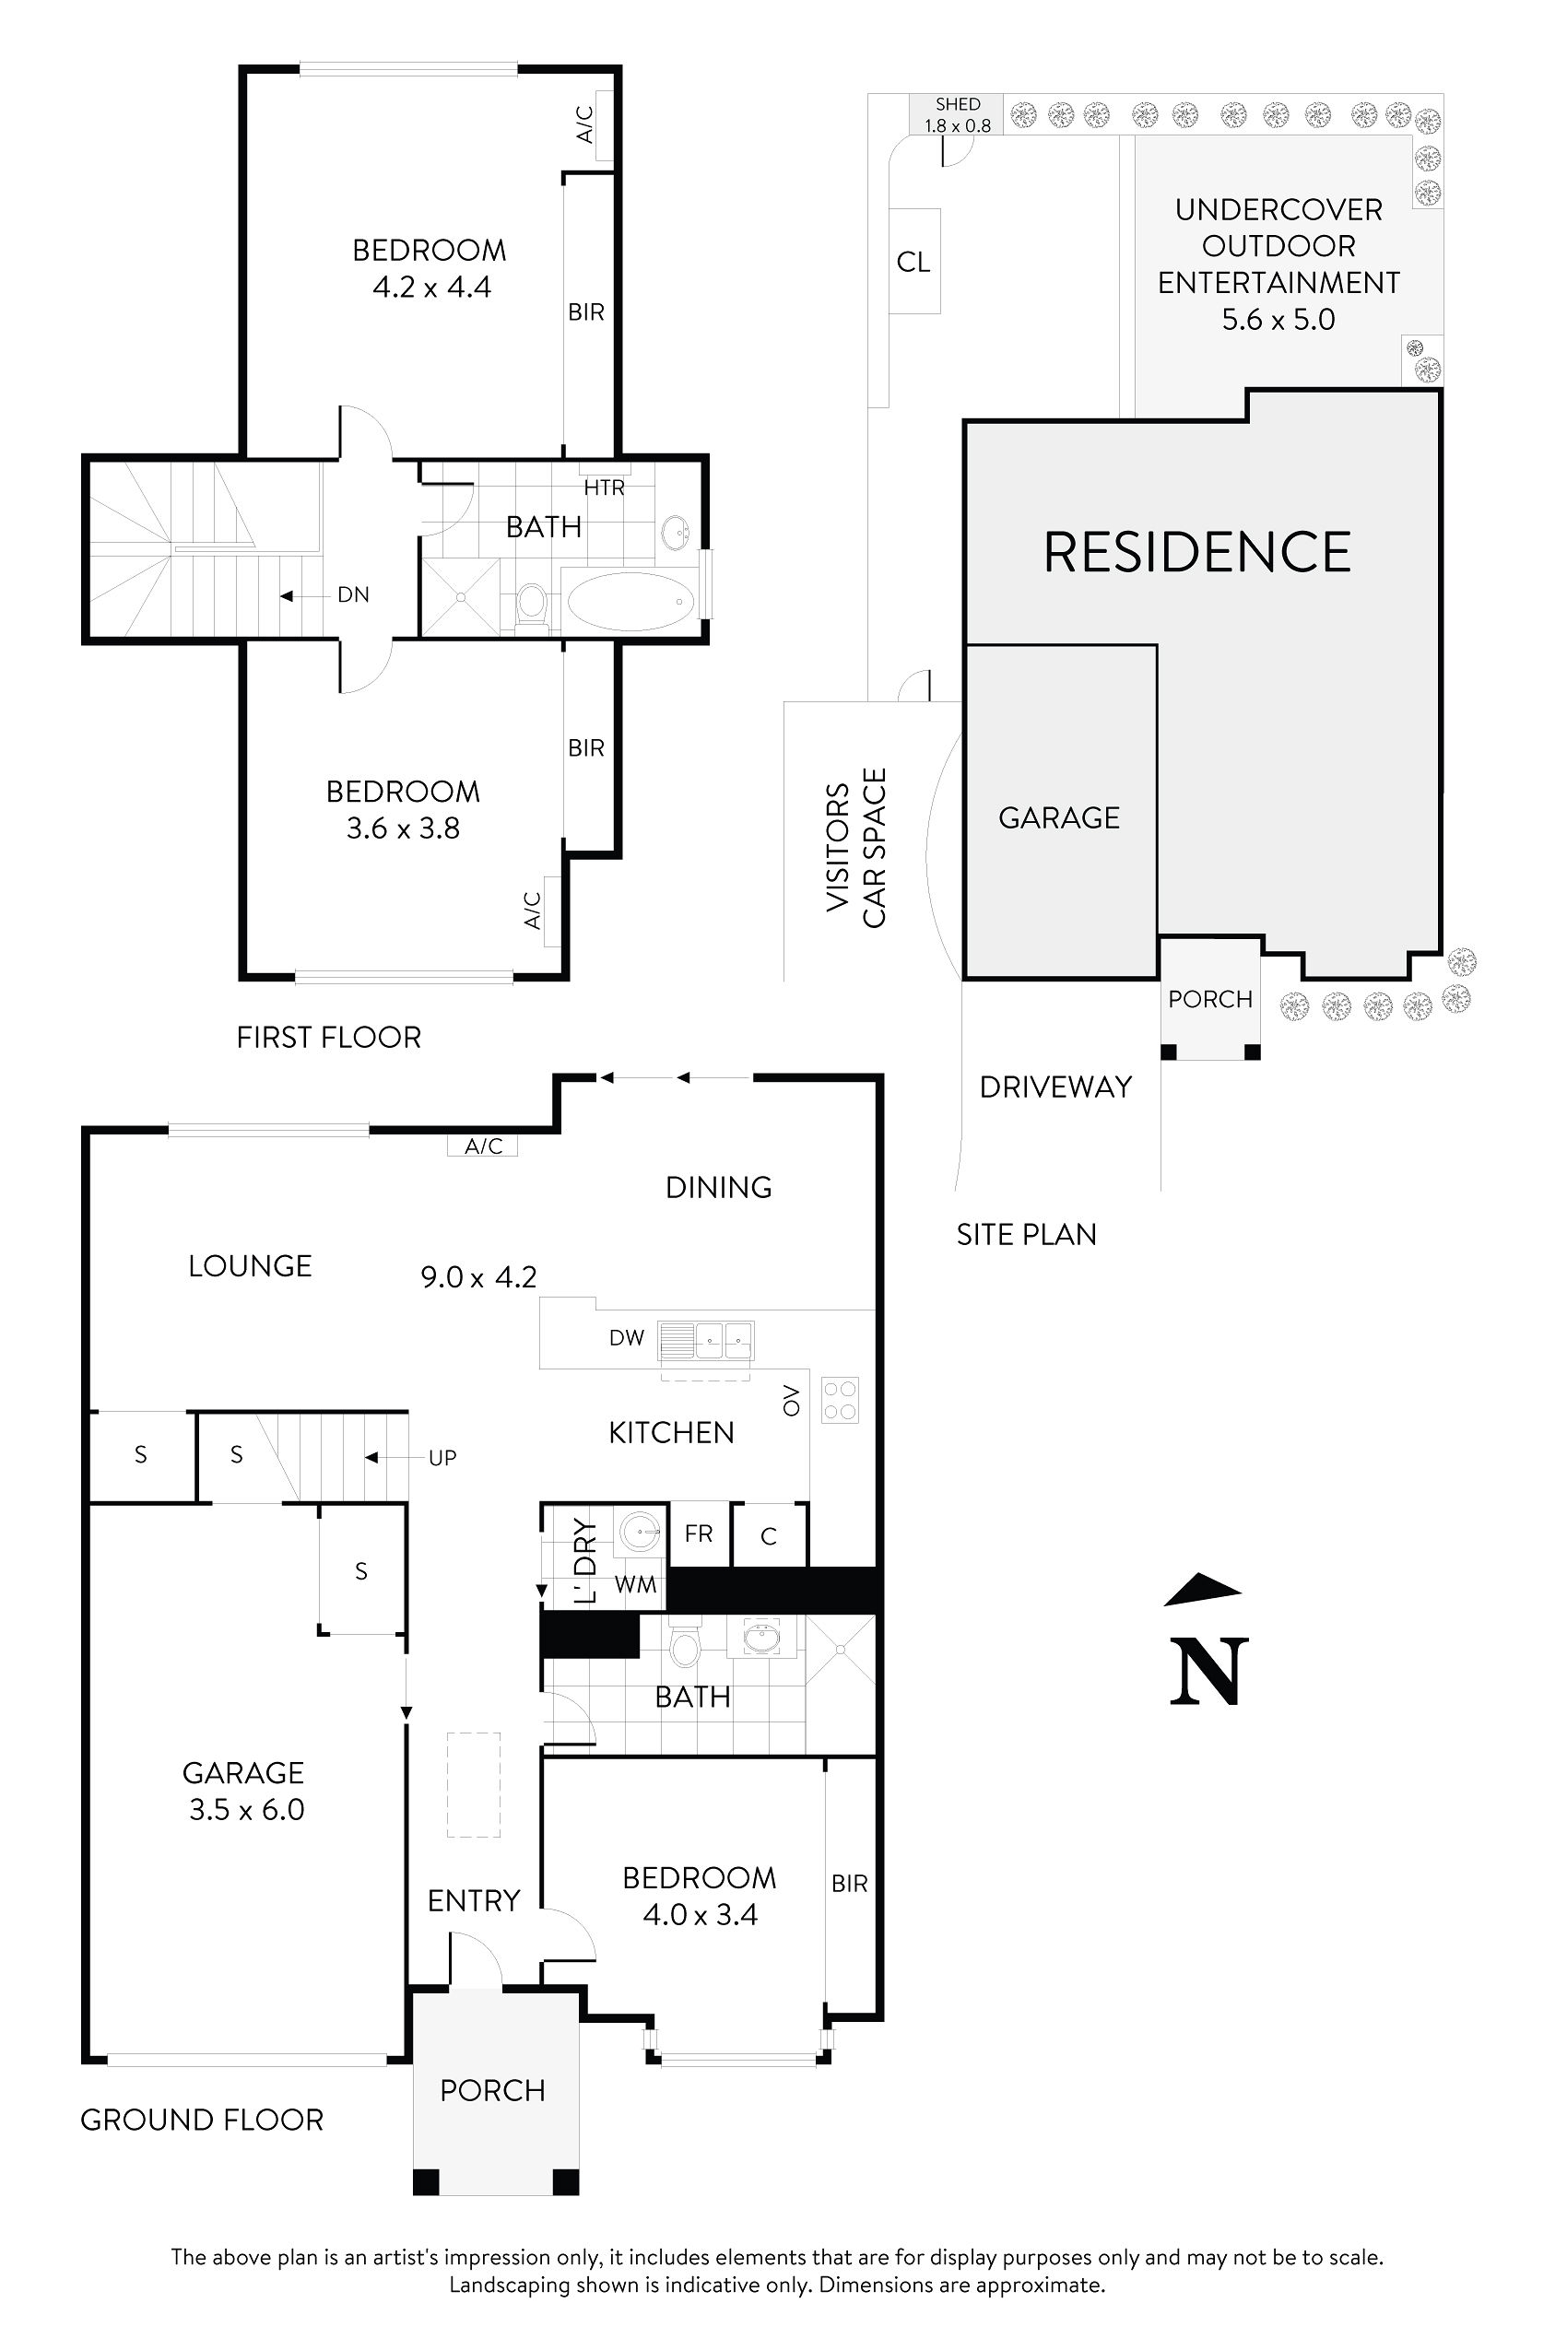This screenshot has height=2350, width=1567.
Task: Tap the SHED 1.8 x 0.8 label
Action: pos(958,115)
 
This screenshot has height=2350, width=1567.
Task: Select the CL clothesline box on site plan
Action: pos(913,262)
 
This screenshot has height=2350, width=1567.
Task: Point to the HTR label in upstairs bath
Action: pos(604,488)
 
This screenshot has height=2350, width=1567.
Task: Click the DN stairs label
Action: pos(353,595)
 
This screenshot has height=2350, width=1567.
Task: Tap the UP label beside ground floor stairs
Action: pos(442,1458)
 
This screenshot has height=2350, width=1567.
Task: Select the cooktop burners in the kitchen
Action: pos(840,1400)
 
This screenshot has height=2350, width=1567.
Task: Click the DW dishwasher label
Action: pos(627,1338)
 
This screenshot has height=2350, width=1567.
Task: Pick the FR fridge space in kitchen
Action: pos(699,1533)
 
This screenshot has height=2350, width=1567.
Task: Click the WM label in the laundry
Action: pos(636,1585)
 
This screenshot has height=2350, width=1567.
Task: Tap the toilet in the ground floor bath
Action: pos(685,1647)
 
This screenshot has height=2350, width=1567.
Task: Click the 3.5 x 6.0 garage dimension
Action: pos(247,1809)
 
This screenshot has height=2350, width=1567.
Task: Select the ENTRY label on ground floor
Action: pos(474,1900)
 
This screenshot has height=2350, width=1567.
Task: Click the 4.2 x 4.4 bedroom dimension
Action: pos(431,288)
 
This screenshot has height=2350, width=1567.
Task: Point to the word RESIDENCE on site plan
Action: pos(1197,553)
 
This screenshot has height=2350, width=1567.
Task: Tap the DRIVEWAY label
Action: pos(1055,1087)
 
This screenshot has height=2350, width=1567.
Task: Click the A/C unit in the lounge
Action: pos(483,1146)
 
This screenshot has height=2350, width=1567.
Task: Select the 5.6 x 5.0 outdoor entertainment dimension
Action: pos(1278,320)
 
